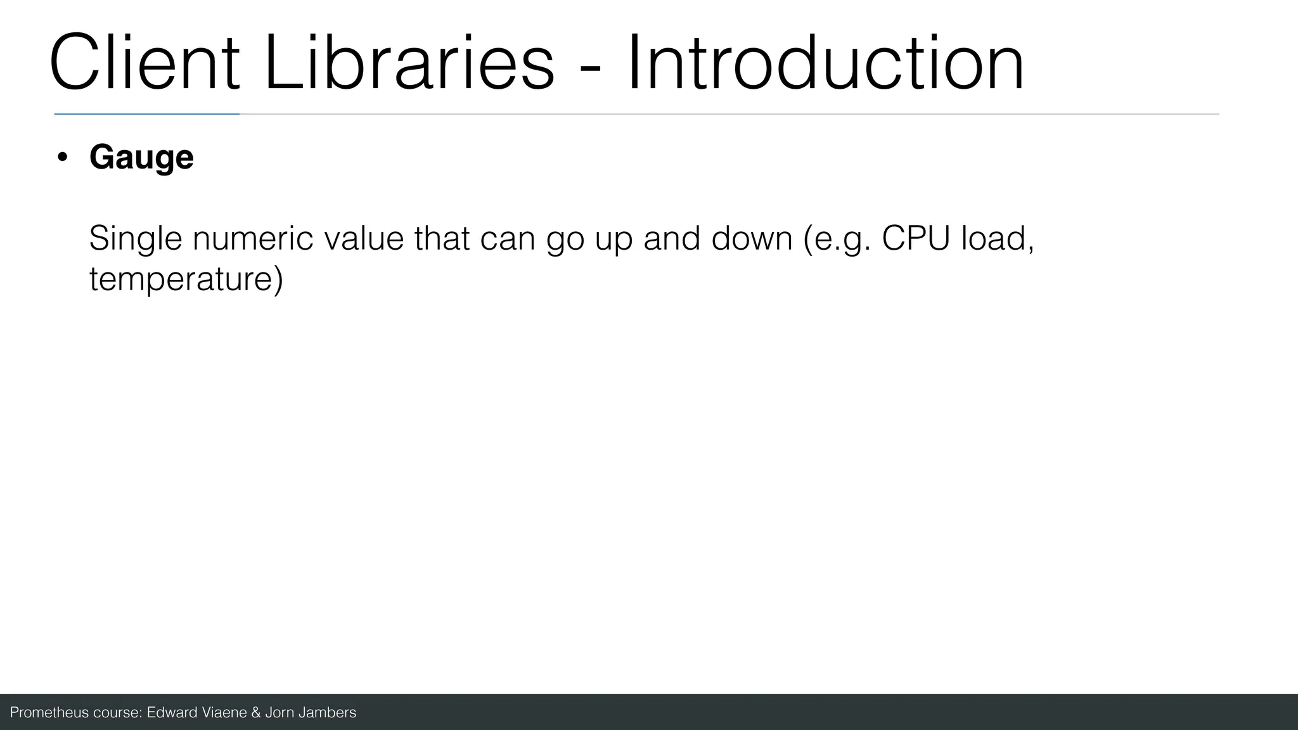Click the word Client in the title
[145, 63]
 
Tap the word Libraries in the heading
[409, 63]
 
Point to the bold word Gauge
[141, 157]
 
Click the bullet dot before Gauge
[61, 158]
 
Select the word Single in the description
[136, 240]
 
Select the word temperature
[186, 279]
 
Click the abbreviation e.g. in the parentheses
[840, 240]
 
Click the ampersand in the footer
[256, 712]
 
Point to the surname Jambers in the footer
[327, 712]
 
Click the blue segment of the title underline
[146, 114]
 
